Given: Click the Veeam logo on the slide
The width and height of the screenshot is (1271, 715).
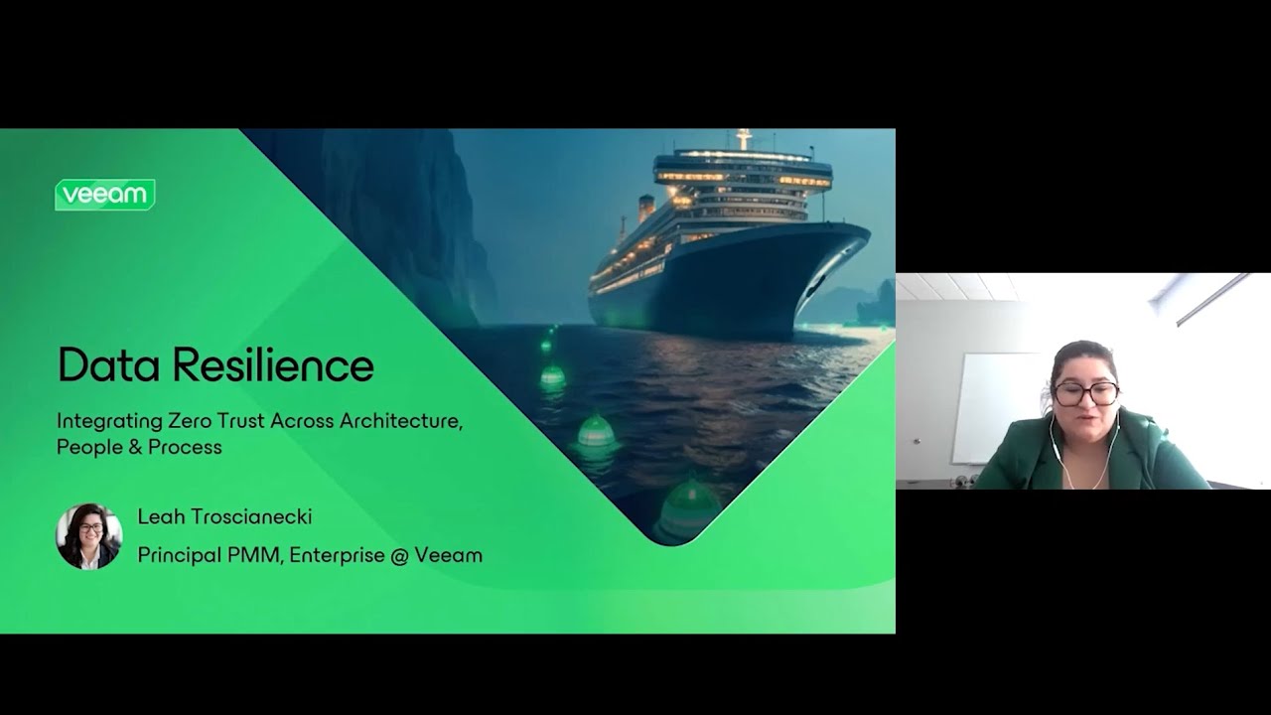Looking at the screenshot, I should pos(104,195).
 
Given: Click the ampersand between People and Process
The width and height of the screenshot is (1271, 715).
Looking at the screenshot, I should pos(135,447).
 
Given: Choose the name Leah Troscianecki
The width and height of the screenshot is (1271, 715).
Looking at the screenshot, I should pos(224,516).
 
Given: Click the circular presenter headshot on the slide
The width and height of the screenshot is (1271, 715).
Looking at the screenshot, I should pos(88,536).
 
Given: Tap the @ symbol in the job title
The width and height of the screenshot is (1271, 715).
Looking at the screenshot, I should pos(399,555).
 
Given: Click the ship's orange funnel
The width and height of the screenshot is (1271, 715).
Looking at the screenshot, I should pos(646,208).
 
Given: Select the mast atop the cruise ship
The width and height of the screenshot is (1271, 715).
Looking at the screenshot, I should pos(744,139).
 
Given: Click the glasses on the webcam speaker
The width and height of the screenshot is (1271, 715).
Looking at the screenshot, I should pos(1085,392).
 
